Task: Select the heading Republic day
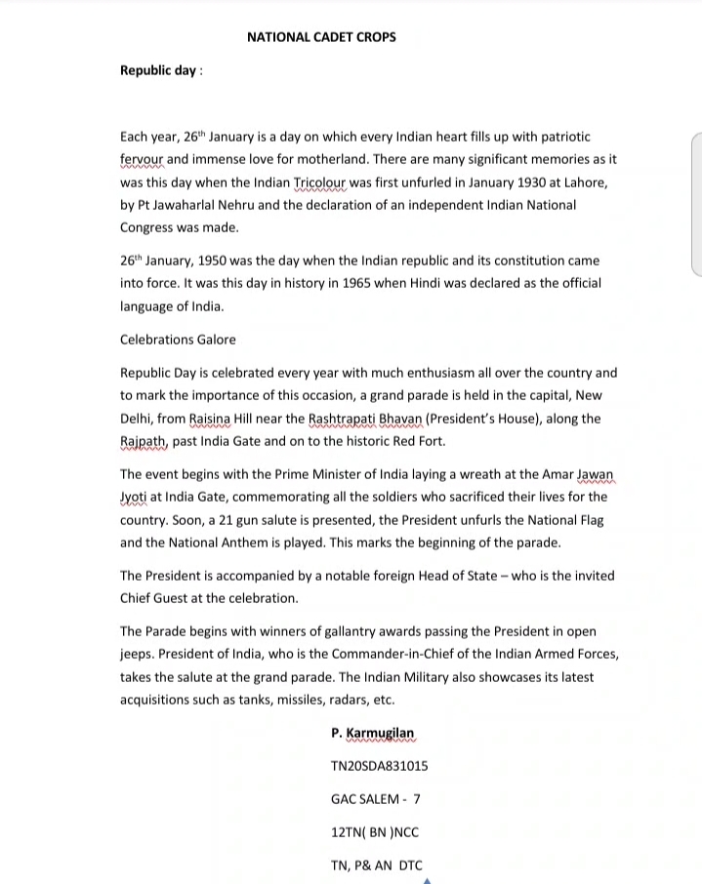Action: click(x=158, y=70)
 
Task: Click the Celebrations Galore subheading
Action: click(x=178, y=340)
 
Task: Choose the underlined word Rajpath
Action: click(x=144, y=441)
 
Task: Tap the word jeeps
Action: click(x=139, y=654)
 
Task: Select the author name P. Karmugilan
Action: click(x=373, y=733)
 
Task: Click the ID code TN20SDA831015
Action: click(x=379, y=766)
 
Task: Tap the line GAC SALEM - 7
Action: click(x=375, y=799)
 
